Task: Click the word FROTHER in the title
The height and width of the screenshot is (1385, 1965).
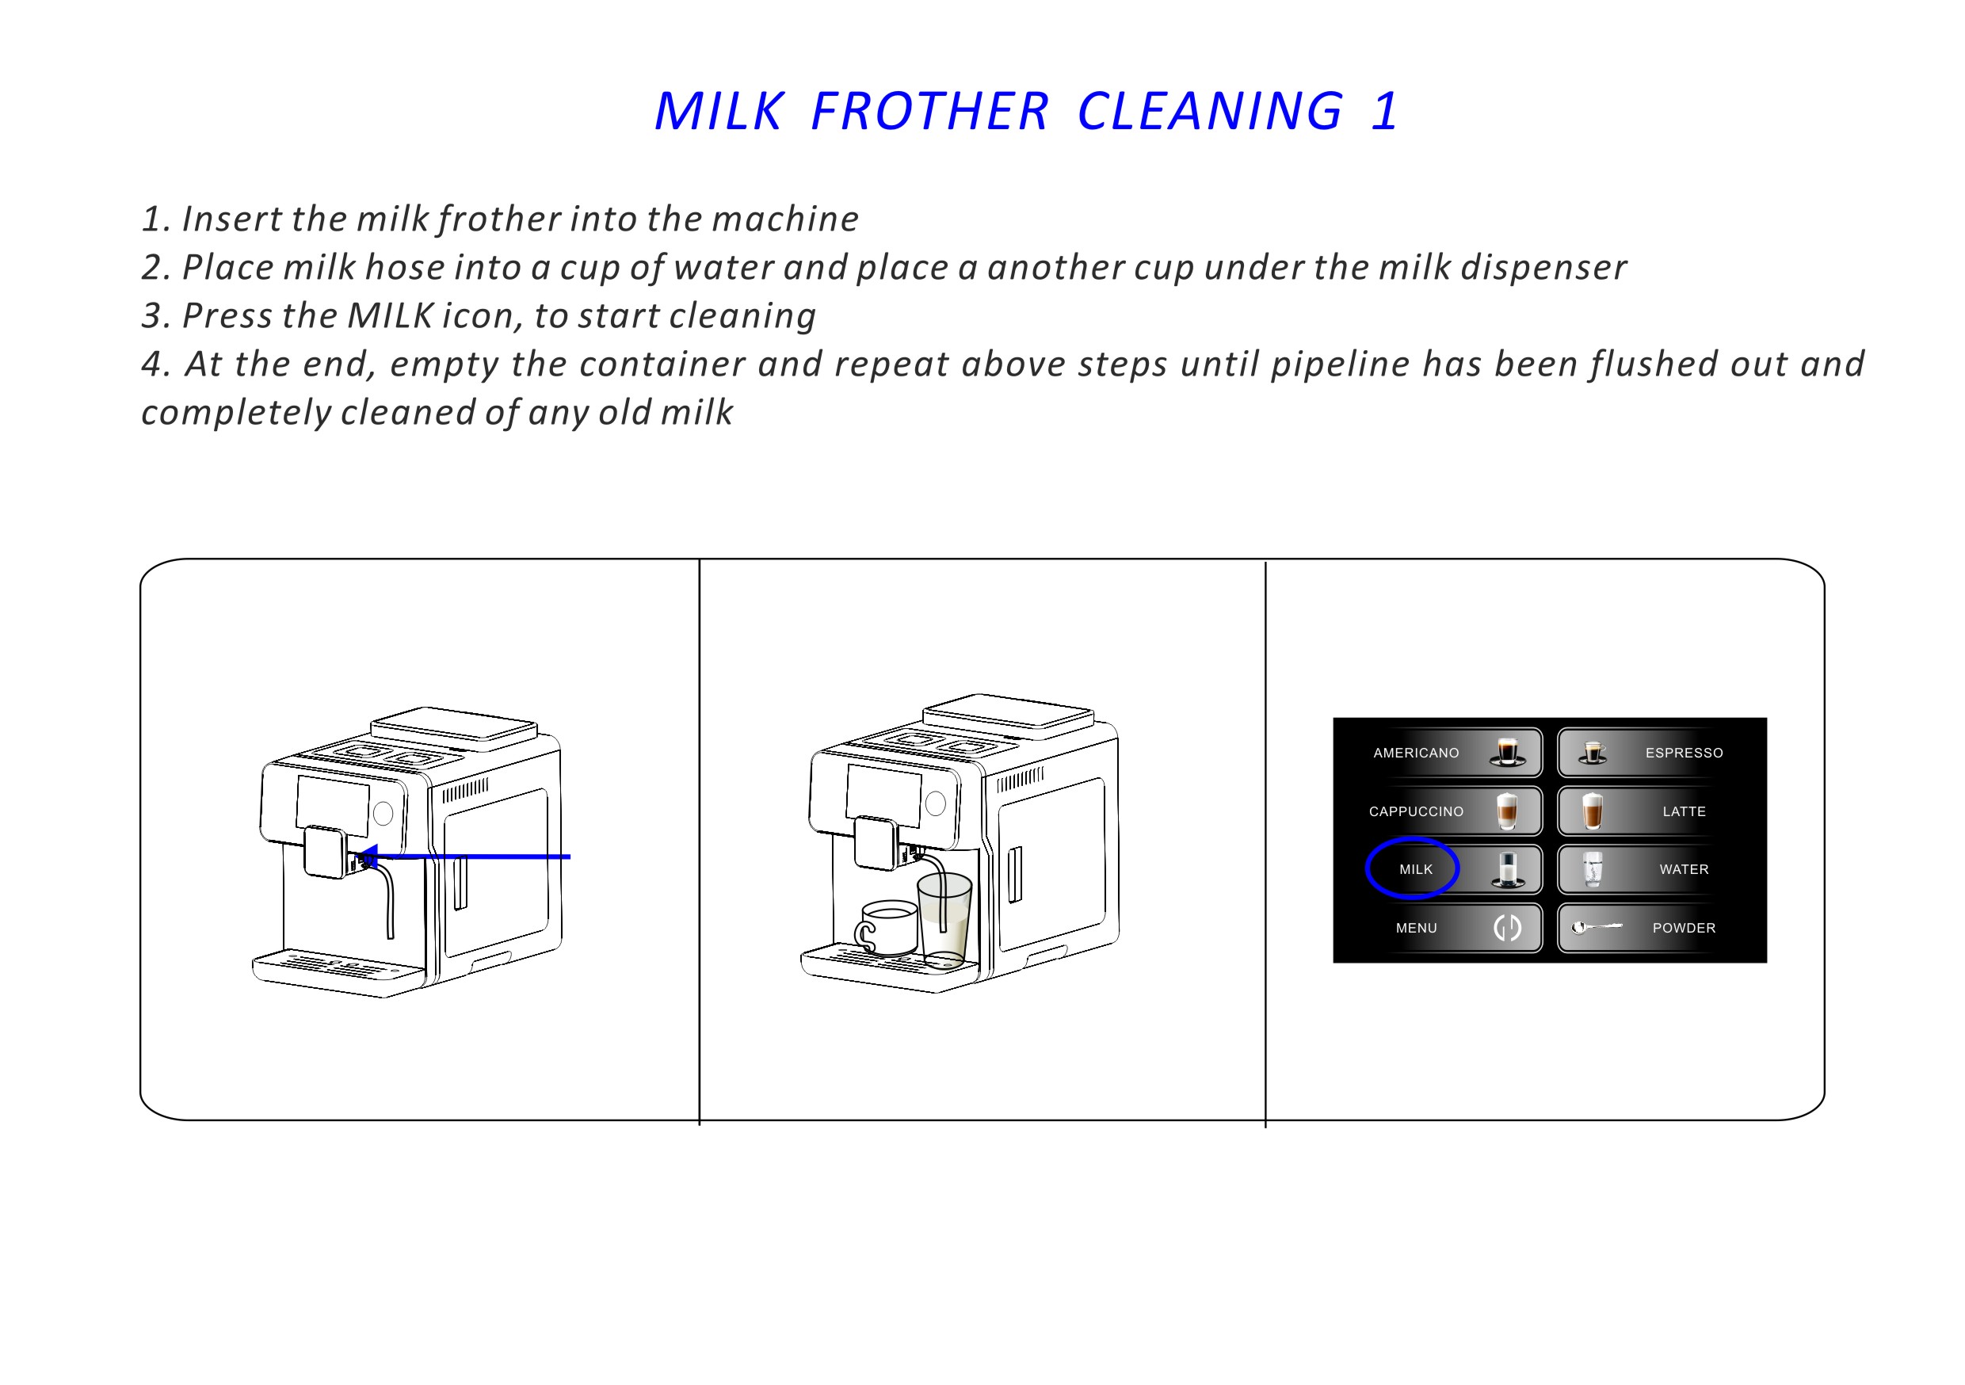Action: coord(929,111)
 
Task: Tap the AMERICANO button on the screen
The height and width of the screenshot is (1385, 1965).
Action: coord(1416,754)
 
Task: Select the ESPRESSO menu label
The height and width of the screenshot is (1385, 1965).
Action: coord(1684,754)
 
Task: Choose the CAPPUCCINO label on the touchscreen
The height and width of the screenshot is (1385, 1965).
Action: coord(1416,811)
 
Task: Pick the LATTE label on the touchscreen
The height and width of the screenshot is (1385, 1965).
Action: coord(1684,811)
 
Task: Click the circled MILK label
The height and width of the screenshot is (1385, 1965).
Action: coord(1416,870)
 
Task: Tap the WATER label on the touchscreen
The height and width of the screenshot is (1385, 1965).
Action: coord(1684,870)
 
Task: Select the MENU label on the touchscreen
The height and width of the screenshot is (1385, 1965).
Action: coord(1416,928)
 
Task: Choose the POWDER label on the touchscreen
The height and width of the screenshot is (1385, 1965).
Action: coord(1684,928)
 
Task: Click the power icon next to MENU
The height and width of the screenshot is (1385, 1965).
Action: coord(1507,928)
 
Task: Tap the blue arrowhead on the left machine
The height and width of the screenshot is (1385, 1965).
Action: coord(367,856)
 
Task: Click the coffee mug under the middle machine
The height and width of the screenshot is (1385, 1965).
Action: coord(887,928)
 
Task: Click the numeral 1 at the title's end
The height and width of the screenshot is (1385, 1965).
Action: coord(1383,111)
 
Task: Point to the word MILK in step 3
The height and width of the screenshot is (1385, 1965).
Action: coord(391,316)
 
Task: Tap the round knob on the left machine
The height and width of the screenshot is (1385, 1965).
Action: coord(383,813)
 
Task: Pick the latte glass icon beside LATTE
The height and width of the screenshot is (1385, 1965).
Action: coord(1592,811)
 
